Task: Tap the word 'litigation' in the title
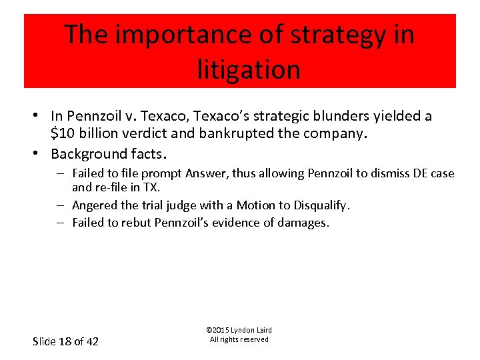coord(248,69)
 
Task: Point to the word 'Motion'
coord(257,205)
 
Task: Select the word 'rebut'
coord(136,223)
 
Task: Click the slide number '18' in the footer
coord(65,341)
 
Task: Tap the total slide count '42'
coord(91,341)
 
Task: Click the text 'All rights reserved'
coord(239,339)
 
